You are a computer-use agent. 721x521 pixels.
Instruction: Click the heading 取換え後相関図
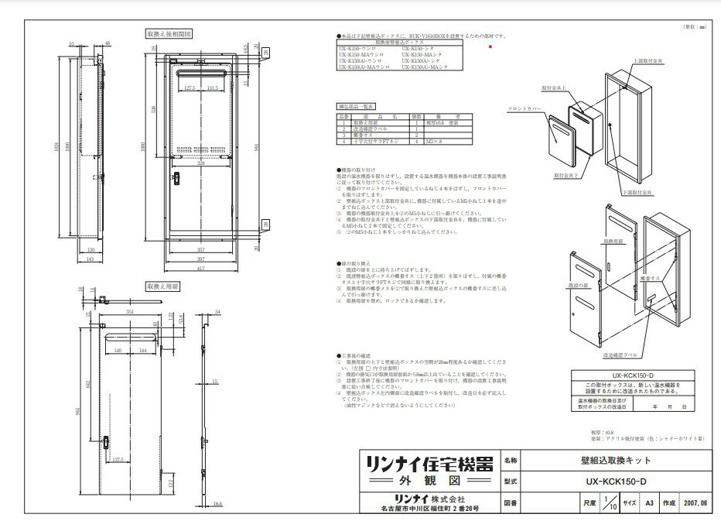pos(168,34)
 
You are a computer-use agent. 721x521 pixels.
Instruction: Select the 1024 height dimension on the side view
pos(58,146)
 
